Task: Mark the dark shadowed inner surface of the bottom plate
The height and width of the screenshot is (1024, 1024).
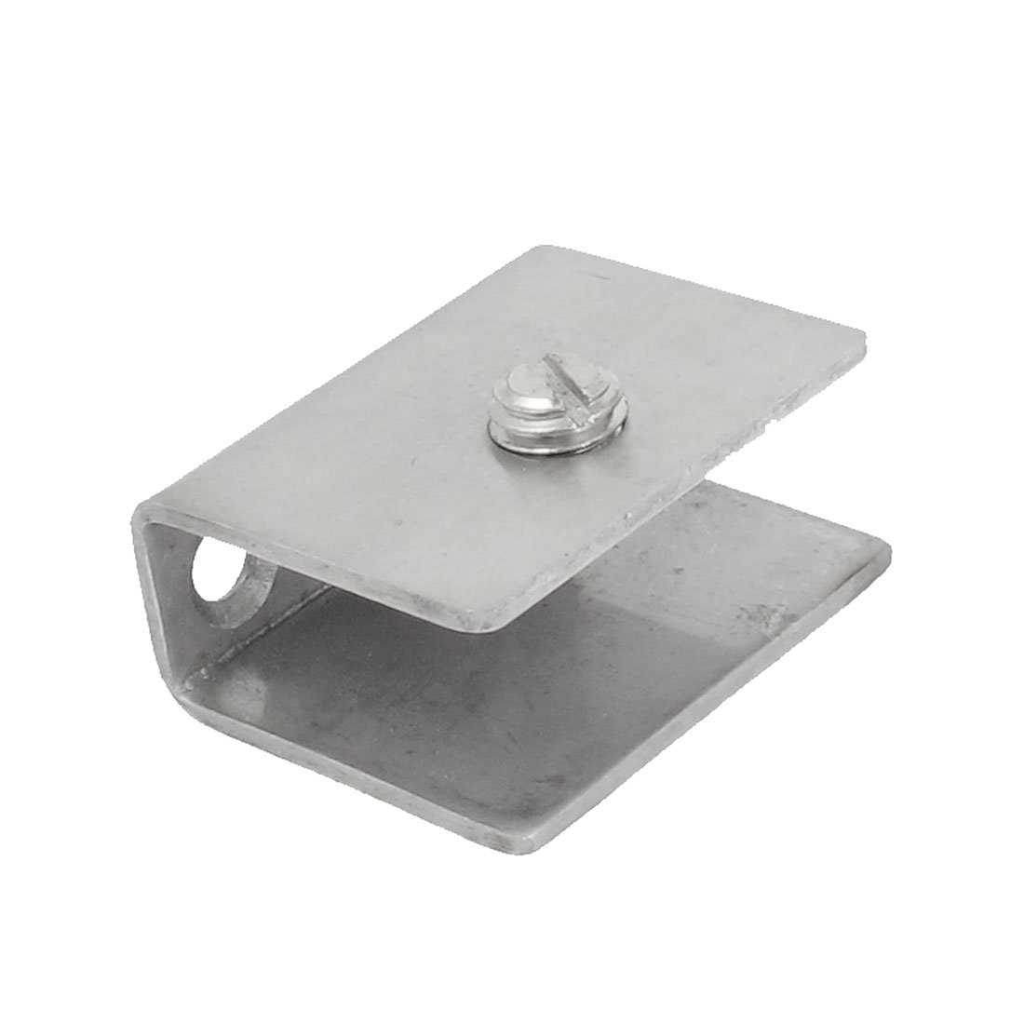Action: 465,707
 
